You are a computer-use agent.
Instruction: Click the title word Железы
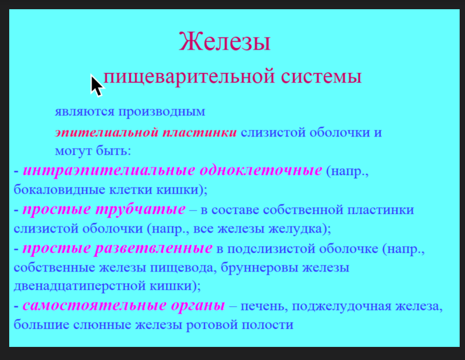click(225, 42)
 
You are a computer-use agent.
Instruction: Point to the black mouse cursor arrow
click(96, 85)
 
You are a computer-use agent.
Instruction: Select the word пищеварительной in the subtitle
click(189, 77)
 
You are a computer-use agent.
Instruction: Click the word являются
click(84, 112)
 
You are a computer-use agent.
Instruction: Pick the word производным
click(162, 113)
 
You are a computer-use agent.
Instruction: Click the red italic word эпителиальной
click(107, 132)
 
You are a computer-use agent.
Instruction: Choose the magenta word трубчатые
click(141, 209)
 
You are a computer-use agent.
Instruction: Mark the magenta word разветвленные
click(153, 248)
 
